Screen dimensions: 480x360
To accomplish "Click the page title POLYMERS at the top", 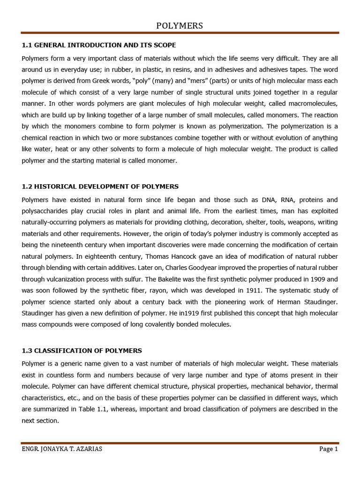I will (180, 26).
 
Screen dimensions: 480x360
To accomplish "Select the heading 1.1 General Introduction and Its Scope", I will (99, 45).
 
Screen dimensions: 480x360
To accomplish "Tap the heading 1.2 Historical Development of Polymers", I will (100, 186).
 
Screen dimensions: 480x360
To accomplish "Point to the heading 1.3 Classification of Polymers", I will (82, 350).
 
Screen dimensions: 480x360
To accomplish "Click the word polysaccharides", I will (44, 211).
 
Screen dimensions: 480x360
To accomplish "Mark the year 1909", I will (298, 278).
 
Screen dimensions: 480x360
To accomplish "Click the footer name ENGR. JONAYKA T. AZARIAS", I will (62, 449).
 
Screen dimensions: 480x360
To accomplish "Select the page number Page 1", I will (328, 449).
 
